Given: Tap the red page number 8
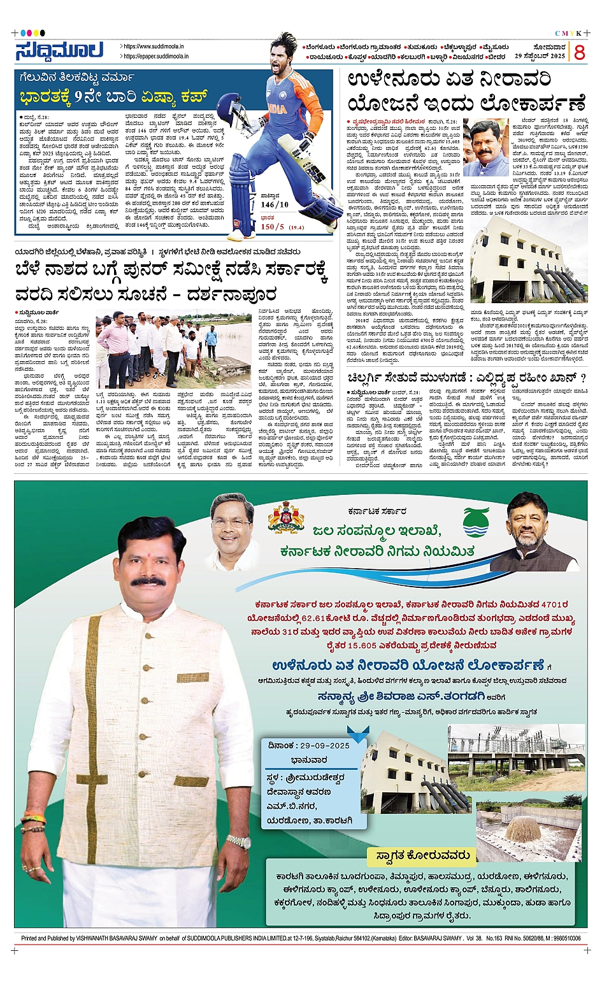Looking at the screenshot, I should point(578,52).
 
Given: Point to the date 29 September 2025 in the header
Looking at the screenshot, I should point(540,56).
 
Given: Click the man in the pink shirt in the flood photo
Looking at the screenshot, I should point(115,343).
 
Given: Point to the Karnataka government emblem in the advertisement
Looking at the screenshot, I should point(286,517).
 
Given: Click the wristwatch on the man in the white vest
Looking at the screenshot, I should point(238,841).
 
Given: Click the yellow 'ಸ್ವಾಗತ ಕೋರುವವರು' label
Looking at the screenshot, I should point(422,855).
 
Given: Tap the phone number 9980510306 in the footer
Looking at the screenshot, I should point(565,938).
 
